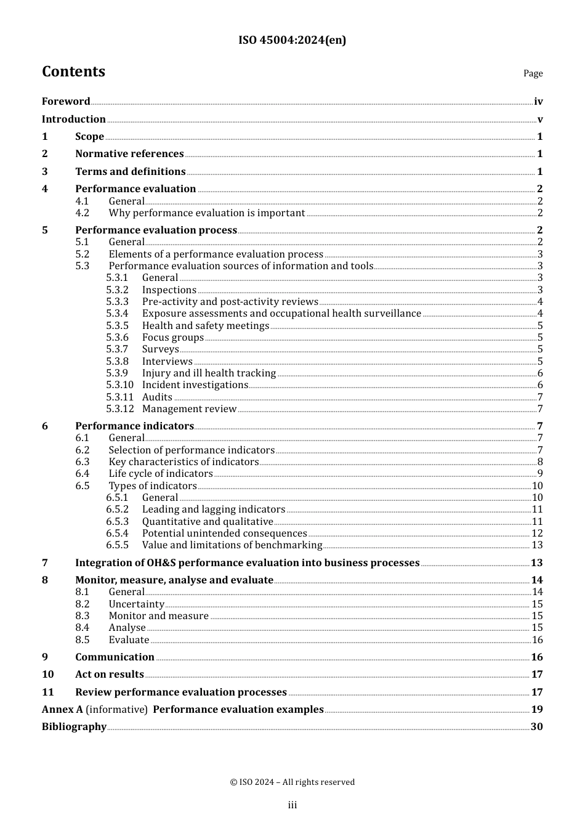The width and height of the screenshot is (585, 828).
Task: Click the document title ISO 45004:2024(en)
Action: (x=292, y=40)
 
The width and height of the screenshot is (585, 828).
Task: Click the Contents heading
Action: (x=73, y=71)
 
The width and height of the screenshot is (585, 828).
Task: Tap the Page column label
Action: (x=533, y=73)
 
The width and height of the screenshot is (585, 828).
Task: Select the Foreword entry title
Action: (x=66, y=102)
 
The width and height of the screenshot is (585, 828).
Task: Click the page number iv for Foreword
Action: (x=538, y=102)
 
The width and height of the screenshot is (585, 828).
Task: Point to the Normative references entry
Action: (x=129, y=154)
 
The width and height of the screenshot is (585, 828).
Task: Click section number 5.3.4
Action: (x=117, y=314)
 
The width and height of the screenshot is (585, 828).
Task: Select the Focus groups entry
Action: (x=172, y=338)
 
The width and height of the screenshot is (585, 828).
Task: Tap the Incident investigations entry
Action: (x=195, y=385)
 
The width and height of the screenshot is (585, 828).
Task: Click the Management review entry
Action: (x=189, y=409)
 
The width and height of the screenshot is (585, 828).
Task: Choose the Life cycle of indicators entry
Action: (x=161, y=474)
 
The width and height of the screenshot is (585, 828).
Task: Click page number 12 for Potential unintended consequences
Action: (x=537, y=534)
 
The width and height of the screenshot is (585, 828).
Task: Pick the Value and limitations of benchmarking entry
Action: (x=232, y=545)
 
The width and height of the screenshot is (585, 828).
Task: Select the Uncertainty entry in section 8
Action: (x=136, y=604)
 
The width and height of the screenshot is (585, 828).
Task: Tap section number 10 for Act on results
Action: (x=48, y=675)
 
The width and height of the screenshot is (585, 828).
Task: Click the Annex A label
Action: (x=62, y=710)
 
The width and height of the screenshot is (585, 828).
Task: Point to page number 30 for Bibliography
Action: (x=536, y=727)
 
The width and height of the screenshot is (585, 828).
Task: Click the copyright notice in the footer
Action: (x=292, y=782)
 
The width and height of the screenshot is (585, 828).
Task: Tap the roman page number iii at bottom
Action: (x=292, y=805)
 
